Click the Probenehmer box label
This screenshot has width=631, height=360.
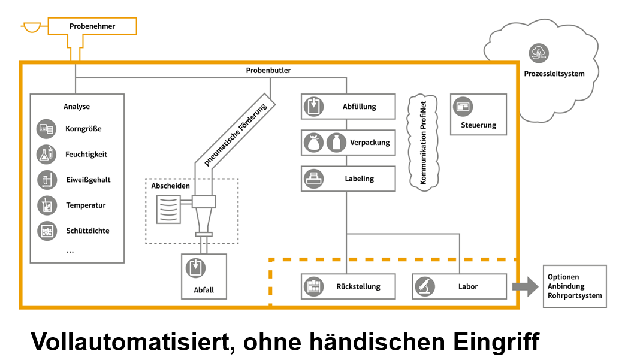[92, 26]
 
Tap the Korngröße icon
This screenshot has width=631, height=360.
[46, 128]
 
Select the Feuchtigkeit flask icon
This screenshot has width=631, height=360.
[46, 154]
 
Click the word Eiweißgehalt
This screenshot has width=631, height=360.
[88, 180]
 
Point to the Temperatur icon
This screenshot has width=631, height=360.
[46, 205]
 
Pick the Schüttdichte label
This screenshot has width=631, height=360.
[87, 231]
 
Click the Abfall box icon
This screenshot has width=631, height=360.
[195, 268]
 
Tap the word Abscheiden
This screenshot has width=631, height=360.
[170, 186]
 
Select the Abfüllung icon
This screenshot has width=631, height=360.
[313, 106]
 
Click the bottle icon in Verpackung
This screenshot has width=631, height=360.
[337, 143]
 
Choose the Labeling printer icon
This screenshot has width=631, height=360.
[313, 179]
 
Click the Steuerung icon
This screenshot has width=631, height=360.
[463, 106]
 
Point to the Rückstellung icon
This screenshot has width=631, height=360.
[313, 286]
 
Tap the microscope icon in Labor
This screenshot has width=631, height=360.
[425, 286]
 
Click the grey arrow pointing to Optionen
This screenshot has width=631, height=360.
[525, 286]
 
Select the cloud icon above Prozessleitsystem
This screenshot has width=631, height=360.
[538, 53]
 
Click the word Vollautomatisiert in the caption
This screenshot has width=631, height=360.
[128, 343]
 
